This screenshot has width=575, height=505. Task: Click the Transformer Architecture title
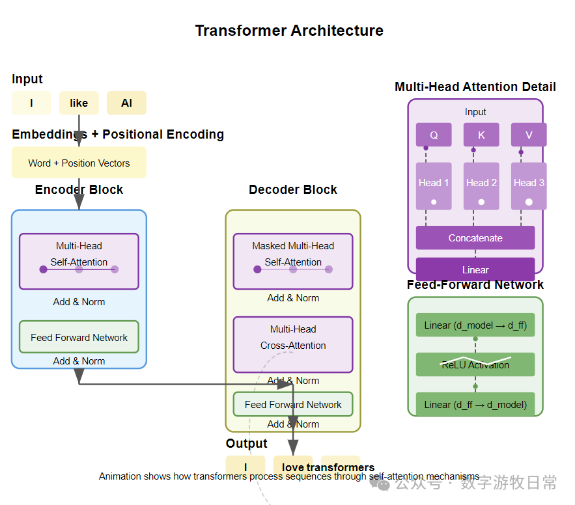[x=289, y=31]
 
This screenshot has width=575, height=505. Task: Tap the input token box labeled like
[x=79, y=103]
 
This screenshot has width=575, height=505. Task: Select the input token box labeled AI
[x=126, y=103]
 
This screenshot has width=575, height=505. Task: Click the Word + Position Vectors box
[x=79, y=163]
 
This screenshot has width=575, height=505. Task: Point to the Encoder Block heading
[x=79, y=190]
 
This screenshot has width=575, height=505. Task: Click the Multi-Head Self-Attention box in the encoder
[x=79, y=261]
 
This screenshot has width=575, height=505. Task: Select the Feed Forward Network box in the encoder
[x=79, y=337]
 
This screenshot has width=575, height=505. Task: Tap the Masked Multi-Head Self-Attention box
[x=293, y=261]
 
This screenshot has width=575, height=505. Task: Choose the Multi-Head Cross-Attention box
[x=293, y=344]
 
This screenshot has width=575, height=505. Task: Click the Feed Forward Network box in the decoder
[x=293, y=404]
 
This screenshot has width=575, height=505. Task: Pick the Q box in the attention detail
[x=434, y=135]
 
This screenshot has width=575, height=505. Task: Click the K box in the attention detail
[x=481, y=135]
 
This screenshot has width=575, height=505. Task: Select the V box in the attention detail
[x=529, y=135]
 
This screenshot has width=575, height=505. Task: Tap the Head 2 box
[x=481, y=186]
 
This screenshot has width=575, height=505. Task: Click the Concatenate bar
[x=475, y=238]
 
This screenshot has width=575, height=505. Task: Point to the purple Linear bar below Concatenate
[x=475, y=269]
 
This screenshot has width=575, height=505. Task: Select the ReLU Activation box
[x=475, y=364]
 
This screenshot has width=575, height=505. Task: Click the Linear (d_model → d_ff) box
[x=475, y=325]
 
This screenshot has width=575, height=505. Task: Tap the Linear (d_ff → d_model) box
[x=475, y=404]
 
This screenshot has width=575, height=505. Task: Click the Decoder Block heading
[x=293, y=190]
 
